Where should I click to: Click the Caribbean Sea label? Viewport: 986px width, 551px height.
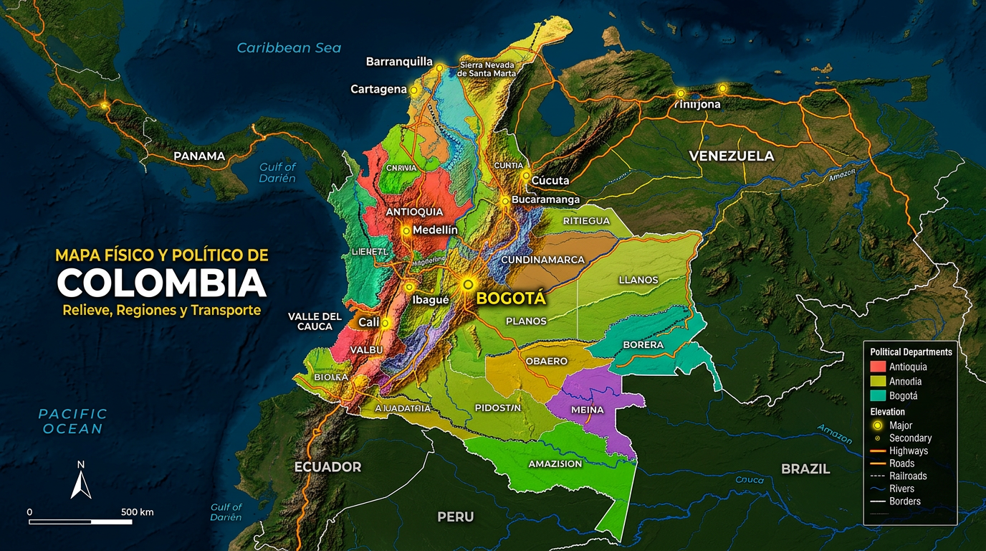coord(289,48)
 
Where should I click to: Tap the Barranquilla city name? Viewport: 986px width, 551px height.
coord(399,62)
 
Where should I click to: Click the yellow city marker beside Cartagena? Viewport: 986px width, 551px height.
coord(413,90)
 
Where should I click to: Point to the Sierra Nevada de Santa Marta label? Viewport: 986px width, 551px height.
coord(487,69)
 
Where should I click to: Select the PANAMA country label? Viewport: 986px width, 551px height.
coord(199,156)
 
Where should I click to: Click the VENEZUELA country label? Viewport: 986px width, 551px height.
coord(731,156)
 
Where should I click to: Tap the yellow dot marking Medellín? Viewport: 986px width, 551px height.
coord(406,231)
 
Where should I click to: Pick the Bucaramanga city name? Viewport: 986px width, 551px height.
coord(545,200)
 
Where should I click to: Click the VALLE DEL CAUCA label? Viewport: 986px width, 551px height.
coord(315,321)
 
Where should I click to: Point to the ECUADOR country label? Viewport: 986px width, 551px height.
coord(327,467)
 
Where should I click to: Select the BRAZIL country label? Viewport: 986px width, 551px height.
coord(805,469)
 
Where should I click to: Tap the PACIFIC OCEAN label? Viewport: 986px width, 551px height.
coord(72,421)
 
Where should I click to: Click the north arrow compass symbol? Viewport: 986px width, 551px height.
coord(81,481)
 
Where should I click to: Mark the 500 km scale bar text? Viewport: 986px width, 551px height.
coord(138,512)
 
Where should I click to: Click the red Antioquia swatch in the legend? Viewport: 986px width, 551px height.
coord(878,367)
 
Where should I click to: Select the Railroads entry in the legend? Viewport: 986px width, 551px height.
coord(908,476)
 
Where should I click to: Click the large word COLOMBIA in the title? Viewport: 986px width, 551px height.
coord(161,283)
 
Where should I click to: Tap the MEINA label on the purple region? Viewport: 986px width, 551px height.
coord(587,410)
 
